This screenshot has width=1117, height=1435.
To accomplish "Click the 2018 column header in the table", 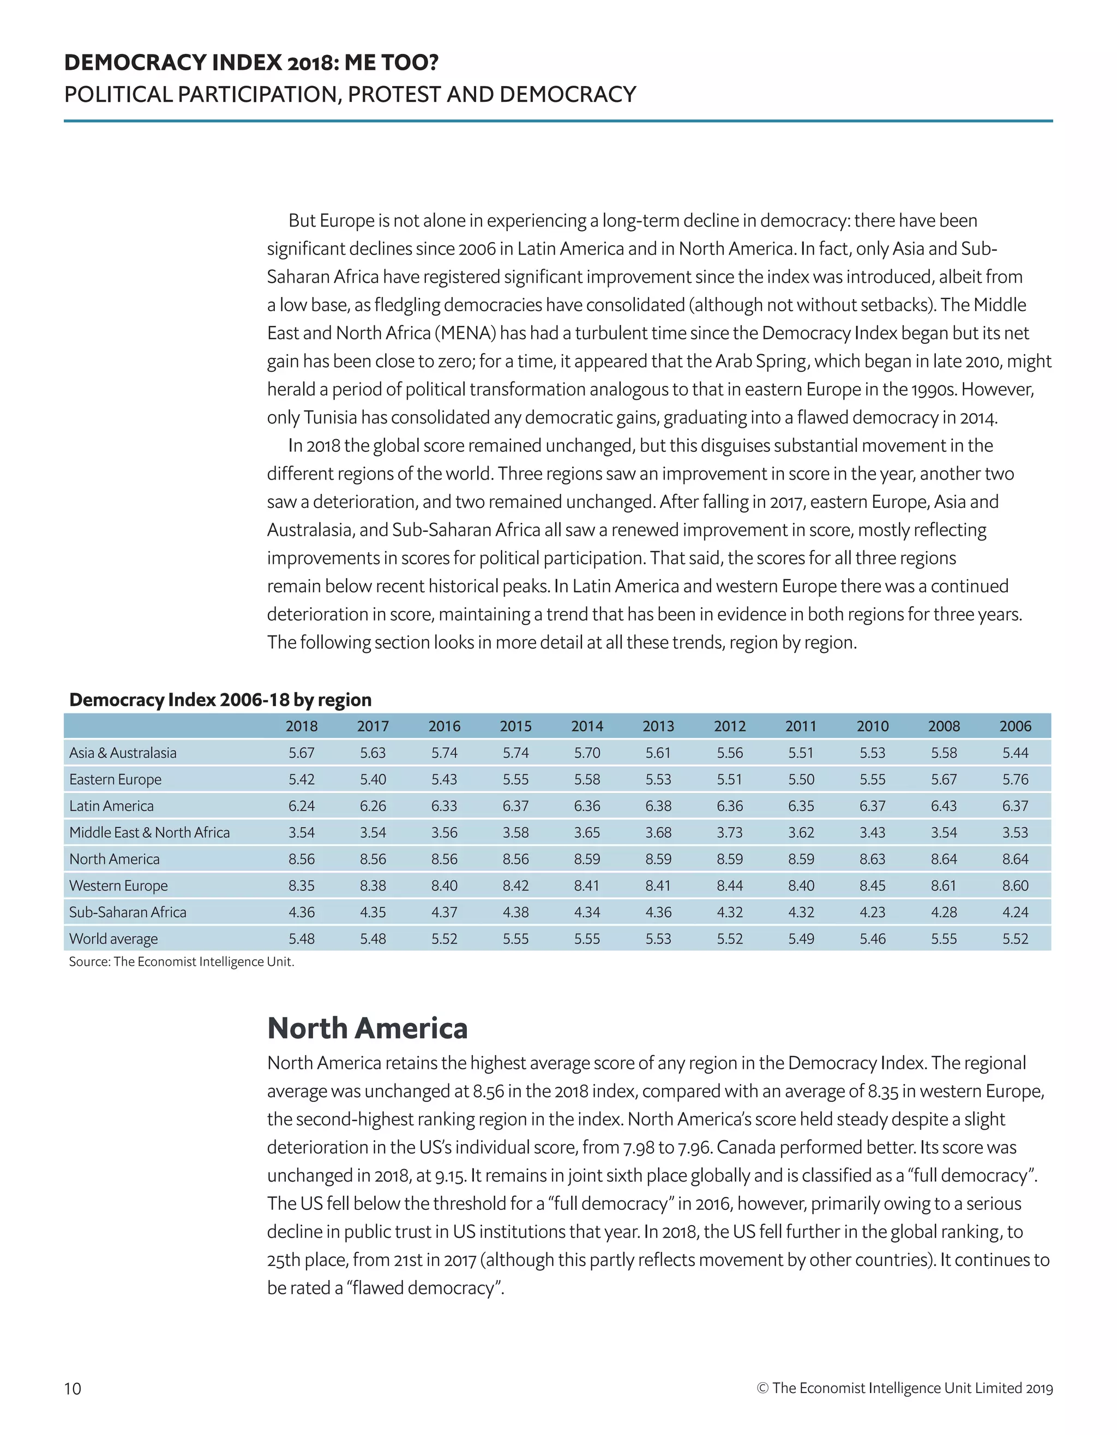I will pyautogui.click(x=301, y=726).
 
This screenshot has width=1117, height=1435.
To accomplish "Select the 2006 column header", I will pyautogui.click(x=1014, y=726).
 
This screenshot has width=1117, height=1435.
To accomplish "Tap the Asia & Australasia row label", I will pyautogui.click(x=123, y=753).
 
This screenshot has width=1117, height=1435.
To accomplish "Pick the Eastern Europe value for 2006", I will pyautogui.click(x=1014, y=779).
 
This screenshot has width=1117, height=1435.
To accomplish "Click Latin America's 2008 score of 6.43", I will pyautogui.click(x=944, y=806).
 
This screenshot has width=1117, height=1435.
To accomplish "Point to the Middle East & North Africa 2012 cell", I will pyautogui.click(x=729, y=832).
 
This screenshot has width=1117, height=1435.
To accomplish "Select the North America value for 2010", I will pyautogui.click(x=873, y=859).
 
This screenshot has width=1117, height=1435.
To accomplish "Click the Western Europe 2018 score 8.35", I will pyautogui.click(x=301, y=886).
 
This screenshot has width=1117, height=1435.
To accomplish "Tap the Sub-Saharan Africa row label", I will pyautogui.click(x=128, y=912).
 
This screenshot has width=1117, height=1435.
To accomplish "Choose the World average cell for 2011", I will pyautogui.click(x=801, y=939).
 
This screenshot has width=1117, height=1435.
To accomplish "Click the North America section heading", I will pyautogui.click(x=367, y=1029).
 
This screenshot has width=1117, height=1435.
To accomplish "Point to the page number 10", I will pyautogui.click(x=73, y=1388).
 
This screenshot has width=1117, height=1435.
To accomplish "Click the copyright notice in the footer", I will pyautogui.click(x=905, y=1388).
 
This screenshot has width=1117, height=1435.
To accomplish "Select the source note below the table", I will pyautogui.click(x=182, y=962).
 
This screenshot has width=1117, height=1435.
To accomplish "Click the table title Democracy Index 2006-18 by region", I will pyautogui.click(x=220, y=700).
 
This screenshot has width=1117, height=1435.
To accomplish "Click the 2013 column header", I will pyautogui.click(x=658, y=726).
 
